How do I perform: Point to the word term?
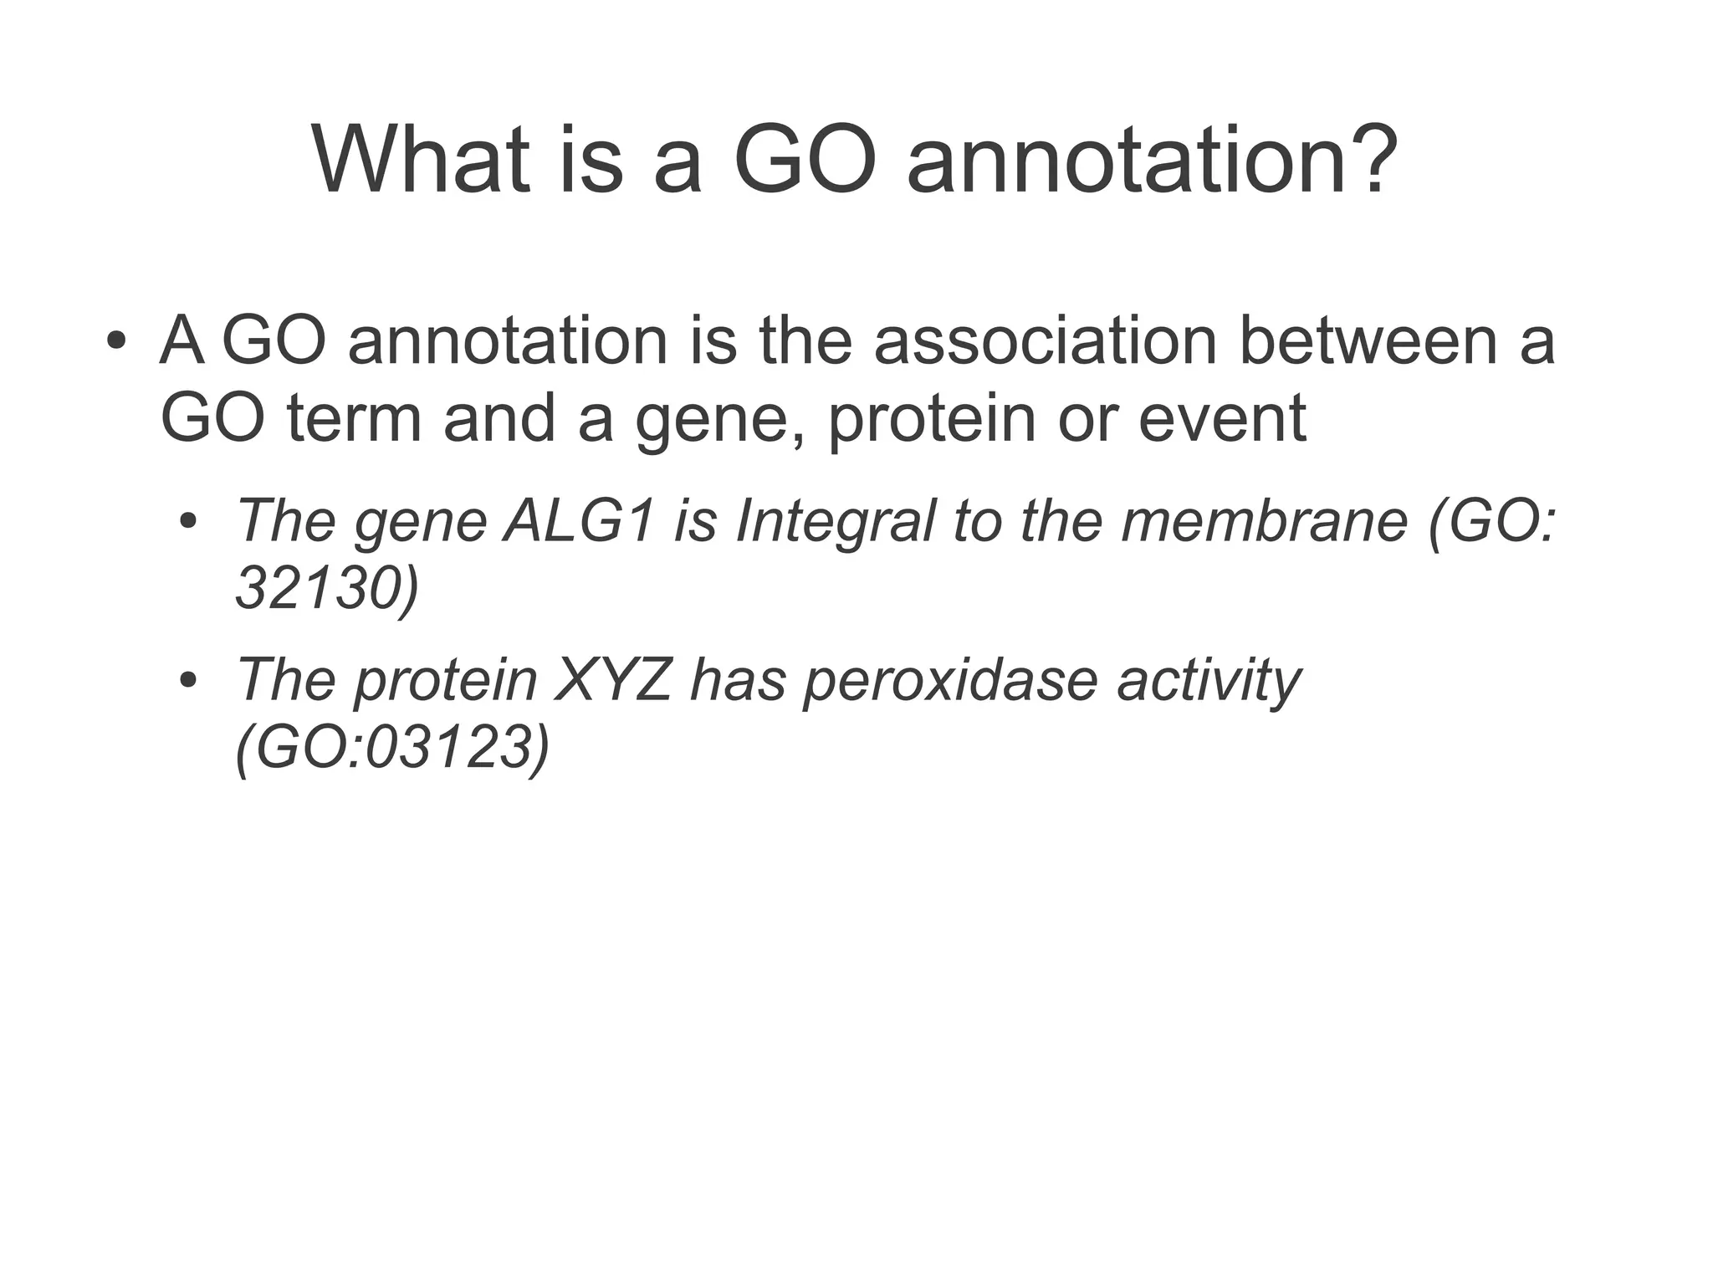(x=354, y=418)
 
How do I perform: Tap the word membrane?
(x=1265, y=520)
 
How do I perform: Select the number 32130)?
(x=327, y=589)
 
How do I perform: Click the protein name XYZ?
(x=613, y=679)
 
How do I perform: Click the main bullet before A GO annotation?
(x=116, y=342)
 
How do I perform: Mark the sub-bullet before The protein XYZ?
(x=188, y=681)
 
